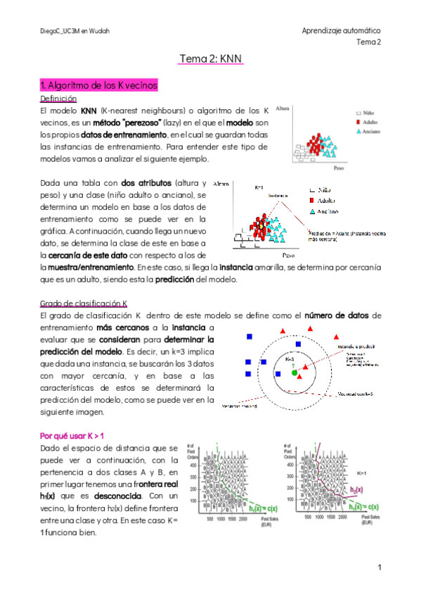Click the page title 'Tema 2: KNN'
point(211,61)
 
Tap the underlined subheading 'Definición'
point(58,99)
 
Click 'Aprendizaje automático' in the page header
point(341,31)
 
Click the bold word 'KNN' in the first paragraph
point(89,111)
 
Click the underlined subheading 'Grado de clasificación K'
point(84,303)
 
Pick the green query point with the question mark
point(295,372)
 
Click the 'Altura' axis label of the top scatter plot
point(284,109)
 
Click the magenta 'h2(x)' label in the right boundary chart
point(358,490)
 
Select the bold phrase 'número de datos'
point(337,315)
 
